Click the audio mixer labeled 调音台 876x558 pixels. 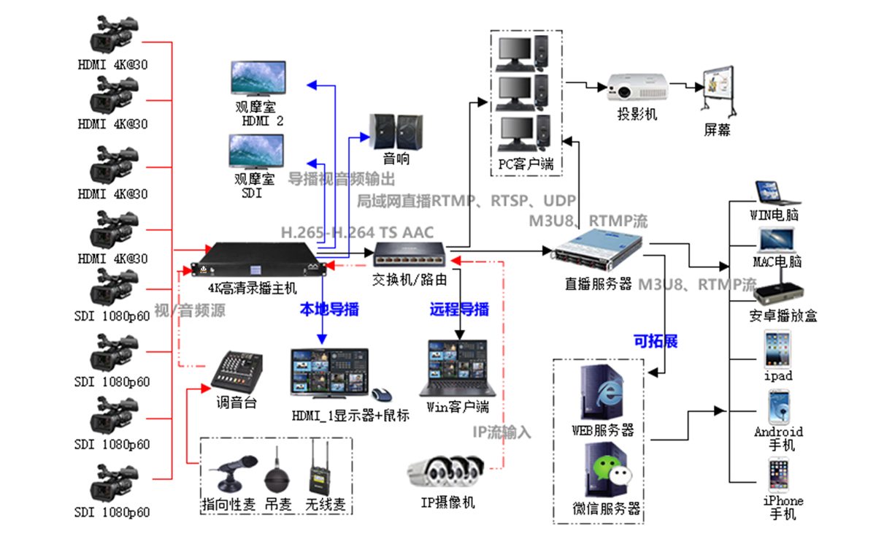[235, 372]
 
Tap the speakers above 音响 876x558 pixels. [396, 131]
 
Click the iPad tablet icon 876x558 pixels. [777, 350]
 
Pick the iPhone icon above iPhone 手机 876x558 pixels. [778, 475]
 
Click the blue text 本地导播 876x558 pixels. [329, 309]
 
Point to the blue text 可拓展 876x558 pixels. [655, 341]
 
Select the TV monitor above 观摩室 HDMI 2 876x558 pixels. [258, 78]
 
